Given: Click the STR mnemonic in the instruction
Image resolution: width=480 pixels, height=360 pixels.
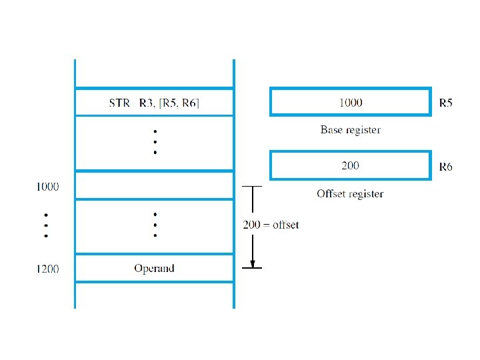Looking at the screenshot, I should point(120,103).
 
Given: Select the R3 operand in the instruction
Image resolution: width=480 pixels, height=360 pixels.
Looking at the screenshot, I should point(146,103).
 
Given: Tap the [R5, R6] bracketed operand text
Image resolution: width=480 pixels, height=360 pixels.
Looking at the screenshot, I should point(178,103).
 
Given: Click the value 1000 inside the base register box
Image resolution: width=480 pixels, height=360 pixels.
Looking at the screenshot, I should point(350,103).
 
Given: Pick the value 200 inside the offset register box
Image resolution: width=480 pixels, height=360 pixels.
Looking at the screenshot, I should point(350,165).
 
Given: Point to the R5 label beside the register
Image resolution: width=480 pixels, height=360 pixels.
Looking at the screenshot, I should point(445,103).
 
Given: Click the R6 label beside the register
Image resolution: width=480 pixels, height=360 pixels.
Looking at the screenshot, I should point(445,167).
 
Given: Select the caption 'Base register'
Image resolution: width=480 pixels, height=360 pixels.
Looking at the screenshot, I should point(350,130).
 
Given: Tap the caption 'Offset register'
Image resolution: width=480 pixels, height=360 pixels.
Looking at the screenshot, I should point(350,193).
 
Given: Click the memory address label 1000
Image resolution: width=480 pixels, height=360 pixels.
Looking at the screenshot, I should point(47,187).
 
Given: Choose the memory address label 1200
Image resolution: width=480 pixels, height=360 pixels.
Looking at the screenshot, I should point(47,269).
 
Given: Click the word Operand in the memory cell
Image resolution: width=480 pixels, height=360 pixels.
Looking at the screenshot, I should point(154,268).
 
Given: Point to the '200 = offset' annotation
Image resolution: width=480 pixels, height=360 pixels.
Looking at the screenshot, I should point(271,225).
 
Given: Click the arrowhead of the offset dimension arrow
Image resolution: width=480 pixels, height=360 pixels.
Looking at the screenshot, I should point(251,263).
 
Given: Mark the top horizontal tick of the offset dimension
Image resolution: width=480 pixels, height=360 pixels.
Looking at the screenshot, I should point(251,187).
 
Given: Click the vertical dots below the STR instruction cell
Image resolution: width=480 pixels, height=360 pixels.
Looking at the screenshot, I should point(155,143).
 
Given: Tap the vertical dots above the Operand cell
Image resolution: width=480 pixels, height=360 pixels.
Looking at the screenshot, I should point(155,225).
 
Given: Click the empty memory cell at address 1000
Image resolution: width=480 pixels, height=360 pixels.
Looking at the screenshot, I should point(154,185).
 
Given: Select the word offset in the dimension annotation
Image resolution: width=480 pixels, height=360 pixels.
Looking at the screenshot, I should point(285,225).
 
